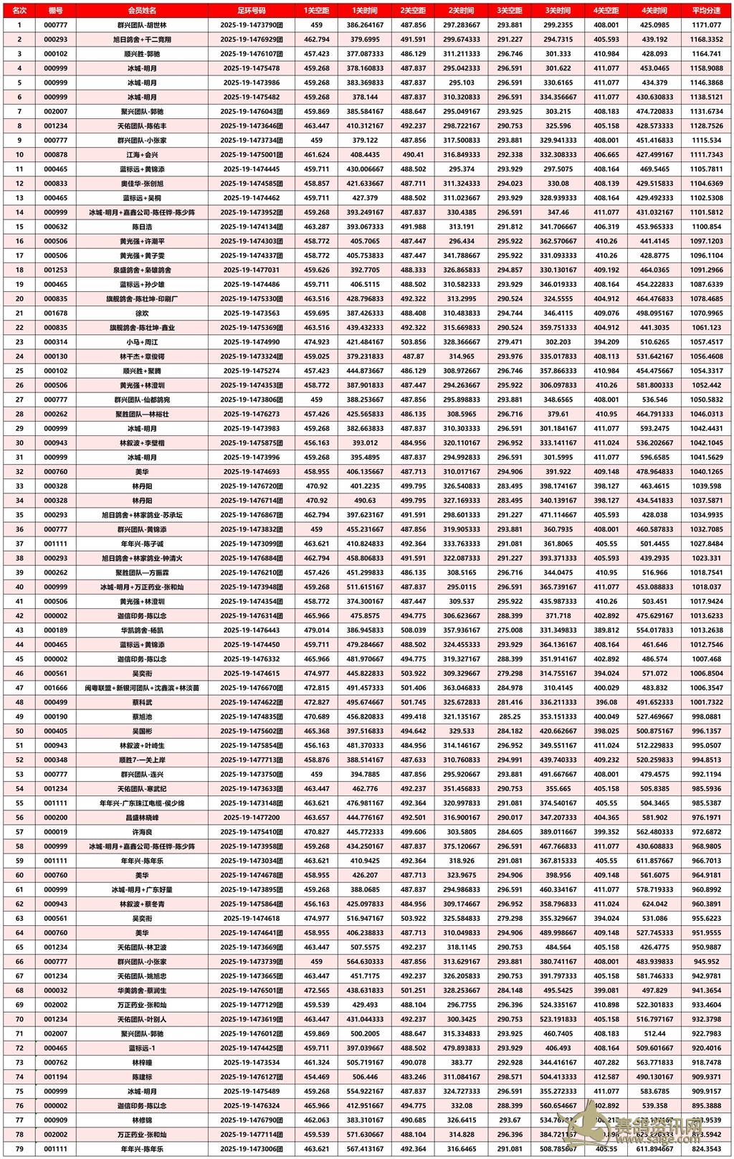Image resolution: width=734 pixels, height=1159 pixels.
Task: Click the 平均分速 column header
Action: (x=707, y=11)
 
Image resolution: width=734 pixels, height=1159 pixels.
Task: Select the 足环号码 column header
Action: (x=251, y=11)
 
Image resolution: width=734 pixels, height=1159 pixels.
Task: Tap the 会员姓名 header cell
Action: (x=142, y=11)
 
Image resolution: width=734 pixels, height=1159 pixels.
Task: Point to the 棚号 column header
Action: (x=55, y=11)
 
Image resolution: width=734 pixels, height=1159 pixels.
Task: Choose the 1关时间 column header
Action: (x=365, y=11)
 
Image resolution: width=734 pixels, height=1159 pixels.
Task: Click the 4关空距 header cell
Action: (x=606, y=11)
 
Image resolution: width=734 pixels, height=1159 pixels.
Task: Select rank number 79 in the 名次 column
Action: (x=19, y=1149)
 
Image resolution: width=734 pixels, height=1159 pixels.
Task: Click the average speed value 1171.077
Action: (x=707, y=25)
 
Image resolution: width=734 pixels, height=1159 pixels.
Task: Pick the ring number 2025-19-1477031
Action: (x=251, y=270)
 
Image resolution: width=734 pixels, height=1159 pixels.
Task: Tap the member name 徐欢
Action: (x=142, y=313)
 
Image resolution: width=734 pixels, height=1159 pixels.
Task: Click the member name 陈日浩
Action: (x=142, y=227)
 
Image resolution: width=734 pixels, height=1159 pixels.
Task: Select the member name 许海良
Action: (x=142, y=832)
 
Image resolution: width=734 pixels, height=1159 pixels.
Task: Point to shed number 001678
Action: (x=55, y=313)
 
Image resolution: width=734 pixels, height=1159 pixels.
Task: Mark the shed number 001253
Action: (x=55, y=270)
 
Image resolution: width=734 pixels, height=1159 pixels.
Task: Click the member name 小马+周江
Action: (x=142, y=342)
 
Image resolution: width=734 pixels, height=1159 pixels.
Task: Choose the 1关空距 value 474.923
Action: (x=317, y=342)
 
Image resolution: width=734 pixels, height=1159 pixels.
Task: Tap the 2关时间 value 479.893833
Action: (x=462, y=1048)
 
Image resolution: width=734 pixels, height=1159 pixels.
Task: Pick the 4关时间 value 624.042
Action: (x=654, y=904)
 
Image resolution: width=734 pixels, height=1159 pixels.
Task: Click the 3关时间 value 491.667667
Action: (x=558, y=775)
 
